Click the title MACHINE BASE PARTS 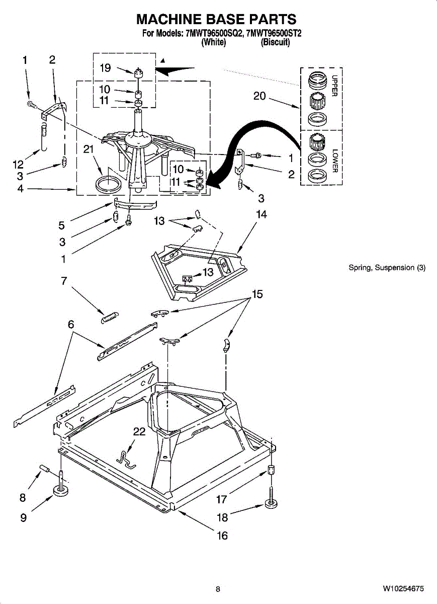pyautogui.click(x=217, y=20)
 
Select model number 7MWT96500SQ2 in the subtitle pyautogui.click(x=214, y=34)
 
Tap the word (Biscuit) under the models pyautogui.click(x=275, y=43)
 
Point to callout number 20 pyautogui.click(x=259, y=95)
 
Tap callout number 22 pyautogui.click(x=139, y=431)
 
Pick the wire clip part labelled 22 pyautogui.click(x=126, y=458)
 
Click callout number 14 pyautogui.click(x=261, y=214)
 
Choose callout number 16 pyautogui.click(x=222, y=536)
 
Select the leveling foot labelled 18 pyautogui.click(x=271, y=504)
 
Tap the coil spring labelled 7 pyautogui.click(x=110, y=318)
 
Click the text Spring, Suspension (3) pyautogui.click(x=387, y=268)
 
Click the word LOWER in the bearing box pyautogui.click(x=335, y=160)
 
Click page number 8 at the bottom pyautogui.click(x=218, y=589)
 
